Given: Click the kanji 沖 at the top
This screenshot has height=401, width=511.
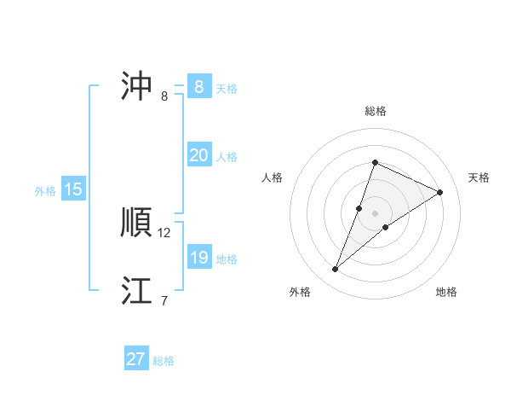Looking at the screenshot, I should (x=137, y=86).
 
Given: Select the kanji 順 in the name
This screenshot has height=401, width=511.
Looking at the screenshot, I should (x=137, y=223).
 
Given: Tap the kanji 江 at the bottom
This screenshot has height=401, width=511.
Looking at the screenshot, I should (x=137, y=290).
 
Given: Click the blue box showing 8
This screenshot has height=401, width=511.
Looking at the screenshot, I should (x=198, y=86).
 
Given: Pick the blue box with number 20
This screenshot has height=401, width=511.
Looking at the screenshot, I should (x=198, y=155).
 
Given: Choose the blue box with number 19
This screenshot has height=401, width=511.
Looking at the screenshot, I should (x=198, y=258).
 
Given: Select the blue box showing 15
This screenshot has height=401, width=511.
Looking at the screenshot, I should (x=73, y=189).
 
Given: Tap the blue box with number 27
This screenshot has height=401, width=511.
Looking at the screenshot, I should (x=136, y=359).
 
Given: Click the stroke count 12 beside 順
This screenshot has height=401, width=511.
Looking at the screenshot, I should (x=164, y=232).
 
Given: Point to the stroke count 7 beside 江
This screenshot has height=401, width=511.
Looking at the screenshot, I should (x=164, y=300).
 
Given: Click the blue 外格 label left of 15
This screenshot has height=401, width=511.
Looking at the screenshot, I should (x=45, y=191).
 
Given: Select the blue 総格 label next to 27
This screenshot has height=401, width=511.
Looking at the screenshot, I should (x=164, y=361).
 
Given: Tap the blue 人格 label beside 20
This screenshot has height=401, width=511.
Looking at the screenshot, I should (x=227, y=157).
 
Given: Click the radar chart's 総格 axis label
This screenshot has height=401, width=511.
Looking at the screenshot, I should (x=375, y=111).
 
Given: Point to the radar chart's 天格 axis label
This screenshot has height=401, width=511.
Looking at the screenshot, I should (x=479, y=177).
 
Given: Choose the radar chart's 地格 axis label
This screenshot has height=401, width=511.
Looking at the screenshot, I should (x=446, y=292).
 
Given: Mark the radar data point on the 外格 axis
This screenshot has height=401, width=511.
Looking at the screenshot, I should (x=336, y=270).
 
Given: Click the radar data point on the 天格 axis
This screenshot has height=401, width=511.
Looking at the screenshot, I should (x=440, y=193).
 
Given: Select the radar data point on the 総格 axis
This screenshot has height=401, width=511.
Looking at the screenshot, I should (x=375, y=162).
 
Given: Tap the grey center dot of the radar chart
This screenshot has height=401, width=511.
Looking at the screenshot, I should (x=375, y=213).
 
